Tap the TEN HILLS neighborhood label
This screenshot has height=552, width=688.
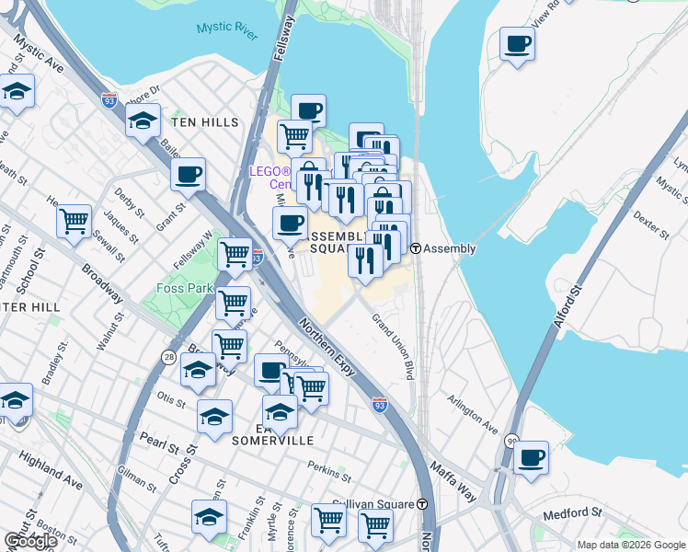point(203,122)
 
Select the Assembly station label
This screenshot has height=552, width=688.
point(449,248)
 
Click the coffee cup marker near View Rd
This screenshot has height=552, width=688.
point(518,45)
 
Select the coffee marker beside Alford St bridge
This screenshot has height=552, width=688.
point(530,458)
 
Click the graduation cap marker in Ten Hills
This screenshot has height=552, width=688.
point(143,121)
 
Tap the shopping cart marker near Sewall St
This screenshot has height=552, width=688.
point(74,222)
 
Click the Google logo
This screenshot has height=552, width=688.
point(30,541)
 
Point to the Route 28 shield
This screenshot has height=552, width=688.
point(168,357)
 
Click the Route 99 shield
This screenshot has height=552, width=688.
point(510,442)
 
